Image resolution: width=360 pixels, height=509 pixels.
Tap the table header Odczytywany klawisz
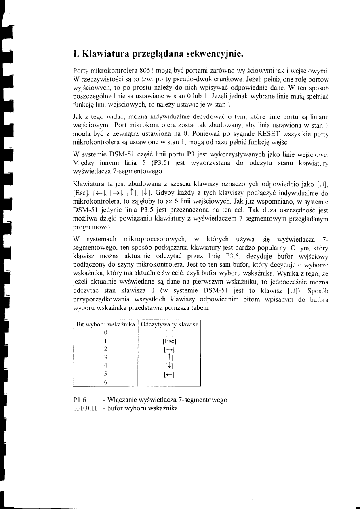tap(169, 325)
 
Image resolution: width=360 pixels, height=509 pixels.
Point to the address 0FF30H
tap(84, 409)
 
